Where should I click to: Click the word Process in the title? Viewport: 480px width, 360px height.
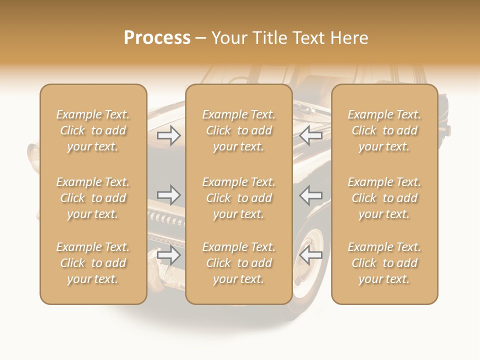[x=157, y=37]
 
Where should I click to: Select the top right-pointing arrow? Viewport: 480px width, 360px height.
[x=169, y=135]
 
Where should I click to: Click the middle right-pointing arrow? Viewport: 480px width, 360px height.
[x=169, y=194]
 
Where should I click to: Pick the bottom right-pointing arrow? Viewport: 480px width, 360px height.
[x=169, y=255]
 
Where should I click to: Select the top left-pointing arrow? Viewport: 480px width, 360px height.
[x=311, y=135]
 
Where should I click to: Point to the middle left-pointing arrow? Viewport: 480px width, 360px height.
[x=311, y=194]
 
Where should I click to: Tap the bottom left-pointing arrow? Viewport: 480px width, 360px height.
[x=311, y=255]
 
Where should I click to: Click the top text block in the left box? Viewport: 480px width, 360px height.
[x=93, y=130]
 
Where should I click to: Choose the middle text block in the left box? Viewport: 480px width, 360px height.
[x=93, y=198]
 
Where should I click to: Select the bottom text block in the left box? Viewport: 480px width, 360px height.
[x=93, y=263]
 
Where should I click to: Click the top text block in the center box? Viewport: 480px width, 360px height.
[x=238, y=130]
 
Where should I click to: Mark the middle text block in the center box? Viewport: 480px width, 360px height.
[x=238, y=198]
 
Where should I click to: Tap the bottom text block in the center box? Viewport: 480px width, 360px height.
[x=238, y=263]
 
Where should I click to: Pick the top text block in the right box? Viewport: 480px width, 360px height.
[x=384, y=130]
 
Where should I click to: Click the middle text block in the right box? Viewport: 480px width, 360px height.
[x=384, y=198]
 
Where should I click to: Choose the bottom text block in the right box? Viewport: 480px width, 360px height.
[x=384, y=263]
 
